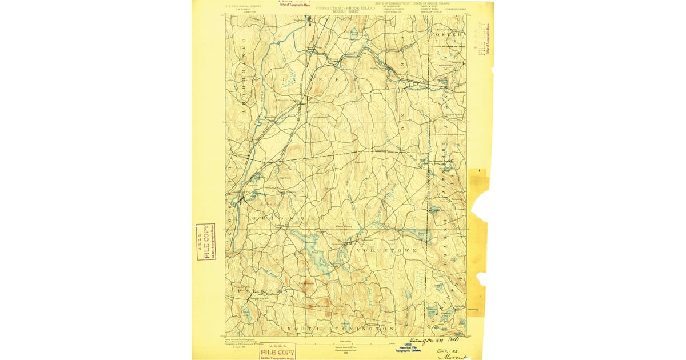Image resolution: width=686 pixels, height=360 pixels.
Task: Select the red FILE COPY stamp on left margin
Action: point(205,242)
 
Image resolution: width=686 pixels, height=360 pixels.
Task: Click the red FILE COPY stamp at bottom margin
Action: point(277,351)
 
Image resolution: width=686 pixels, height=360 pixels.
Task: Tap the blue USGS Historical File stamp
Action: point(409,348)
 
